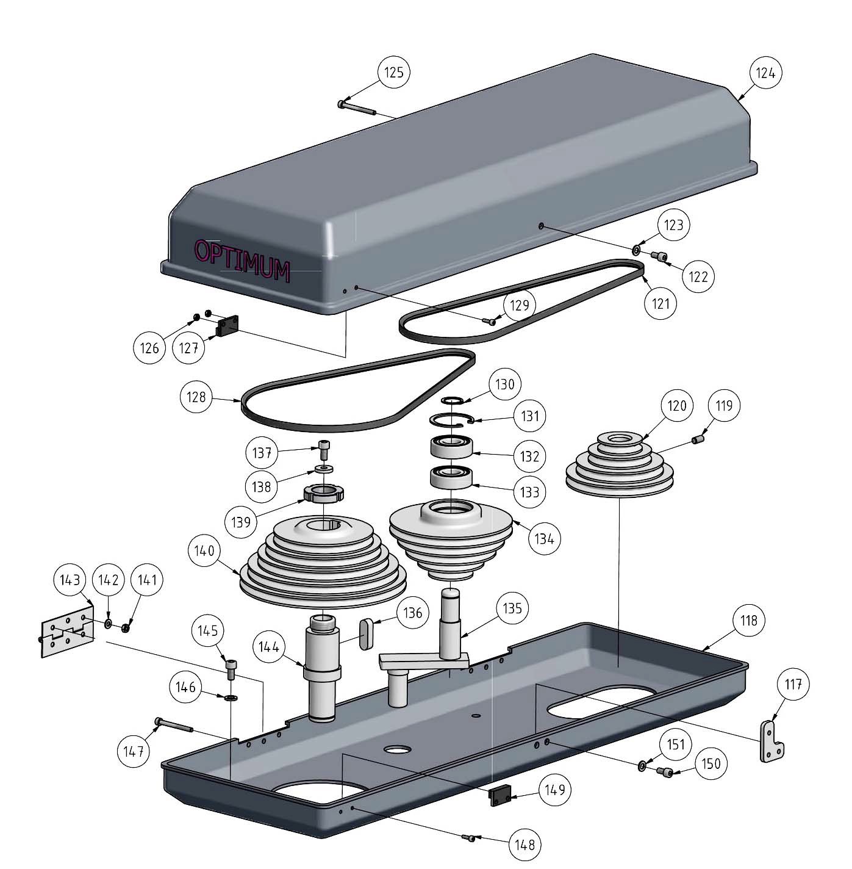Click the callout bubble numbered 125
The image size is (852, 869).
pos(393,73)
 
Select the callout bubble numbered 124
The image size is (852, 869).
pos(765,73)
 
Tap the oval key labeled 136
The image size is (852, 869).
pos(366,635)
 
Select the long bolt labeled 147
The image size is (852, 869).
pos(174,725)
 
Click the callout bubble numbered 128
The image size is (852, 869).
pos(196,397)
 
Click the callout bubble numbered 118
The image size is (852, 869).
pos(748,620)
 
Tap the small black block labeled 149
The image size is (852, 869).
pos(499,796)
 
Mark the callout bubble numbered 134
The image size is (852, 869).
pos(544,538)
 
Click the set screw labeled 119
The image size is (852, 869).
pos(698,439)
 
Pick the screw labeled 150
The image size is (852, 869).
pos(666,773)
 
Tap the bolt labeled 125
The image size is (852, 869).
pos(358,108)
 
